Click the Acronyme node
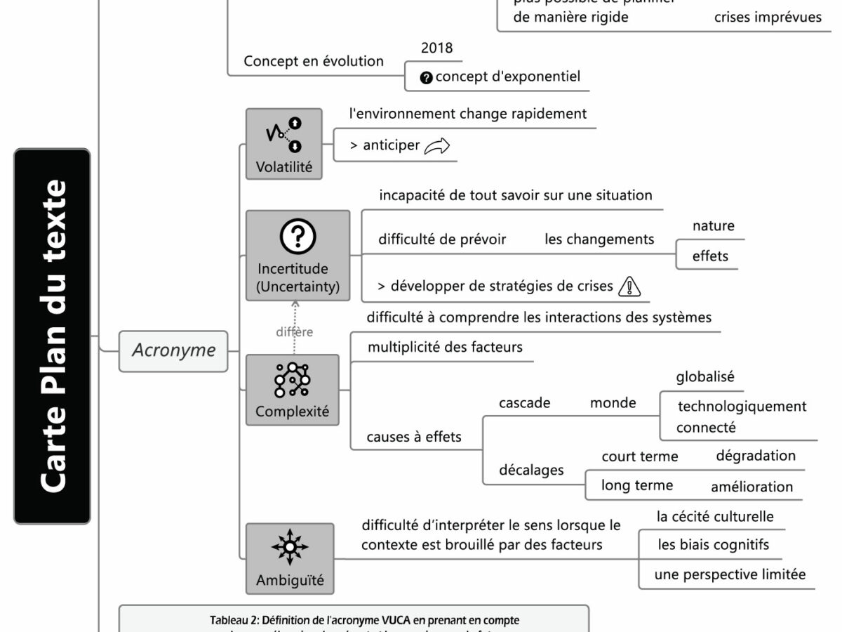tap(173, 350)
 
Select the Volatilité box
tap(283, 144)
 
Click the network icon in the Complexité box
tap(292, 381)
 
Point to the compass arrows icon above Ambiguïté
tap(289, 548)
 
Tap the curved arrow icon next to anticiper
tap(436, 146)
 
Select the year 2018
tap(436, 48)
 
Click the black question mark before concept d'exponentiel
tap(426, 77)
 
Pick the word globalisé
tap(705, 376)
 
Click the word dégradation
tap(756, 455)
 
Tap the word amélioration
tap(751, 487)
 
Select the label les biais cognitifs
tap(713, 544)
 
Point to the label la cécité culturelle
tap(715, 517)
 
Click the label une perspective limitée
tap(730, 574)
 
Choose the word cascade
tap(524, 403)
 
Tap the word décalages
tap(531, 470)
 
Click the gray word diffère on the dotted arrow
tap(294, 332)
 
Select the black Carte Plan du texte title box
tap(52, 336)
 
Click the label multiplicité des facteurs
tap(445, 347)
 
